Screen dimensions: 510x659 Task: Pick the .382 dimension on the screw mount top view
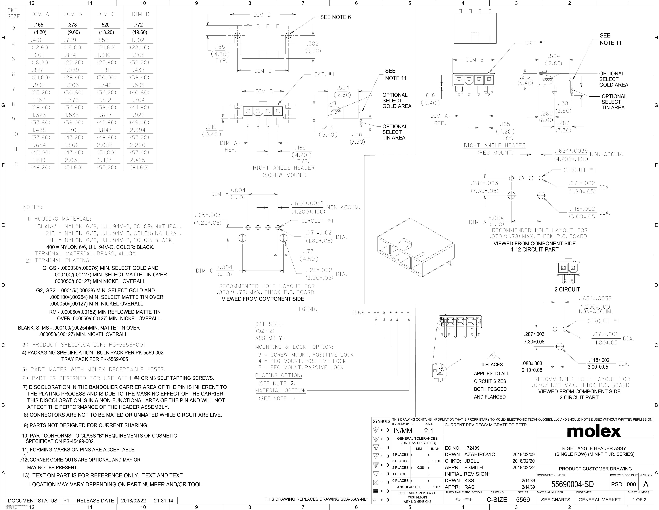click(313, 44)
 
